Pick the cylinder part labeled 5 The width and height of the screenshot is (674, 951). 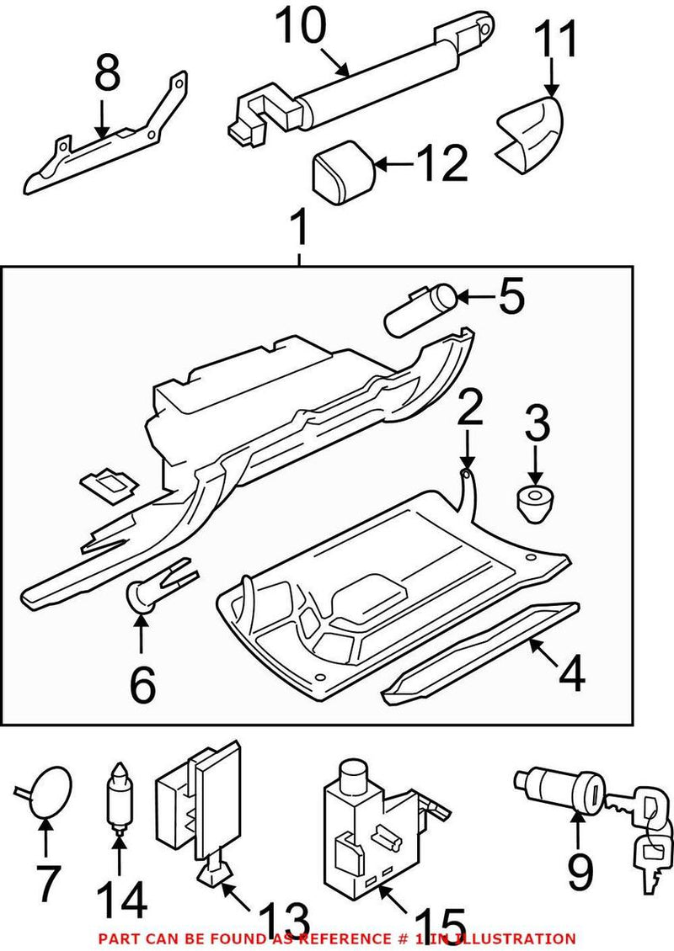click(420, 310)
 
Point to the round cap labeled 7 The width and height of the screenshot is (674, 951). click(50, 792)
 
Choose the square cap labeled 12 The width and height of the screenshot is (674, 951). click(343, 173)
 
